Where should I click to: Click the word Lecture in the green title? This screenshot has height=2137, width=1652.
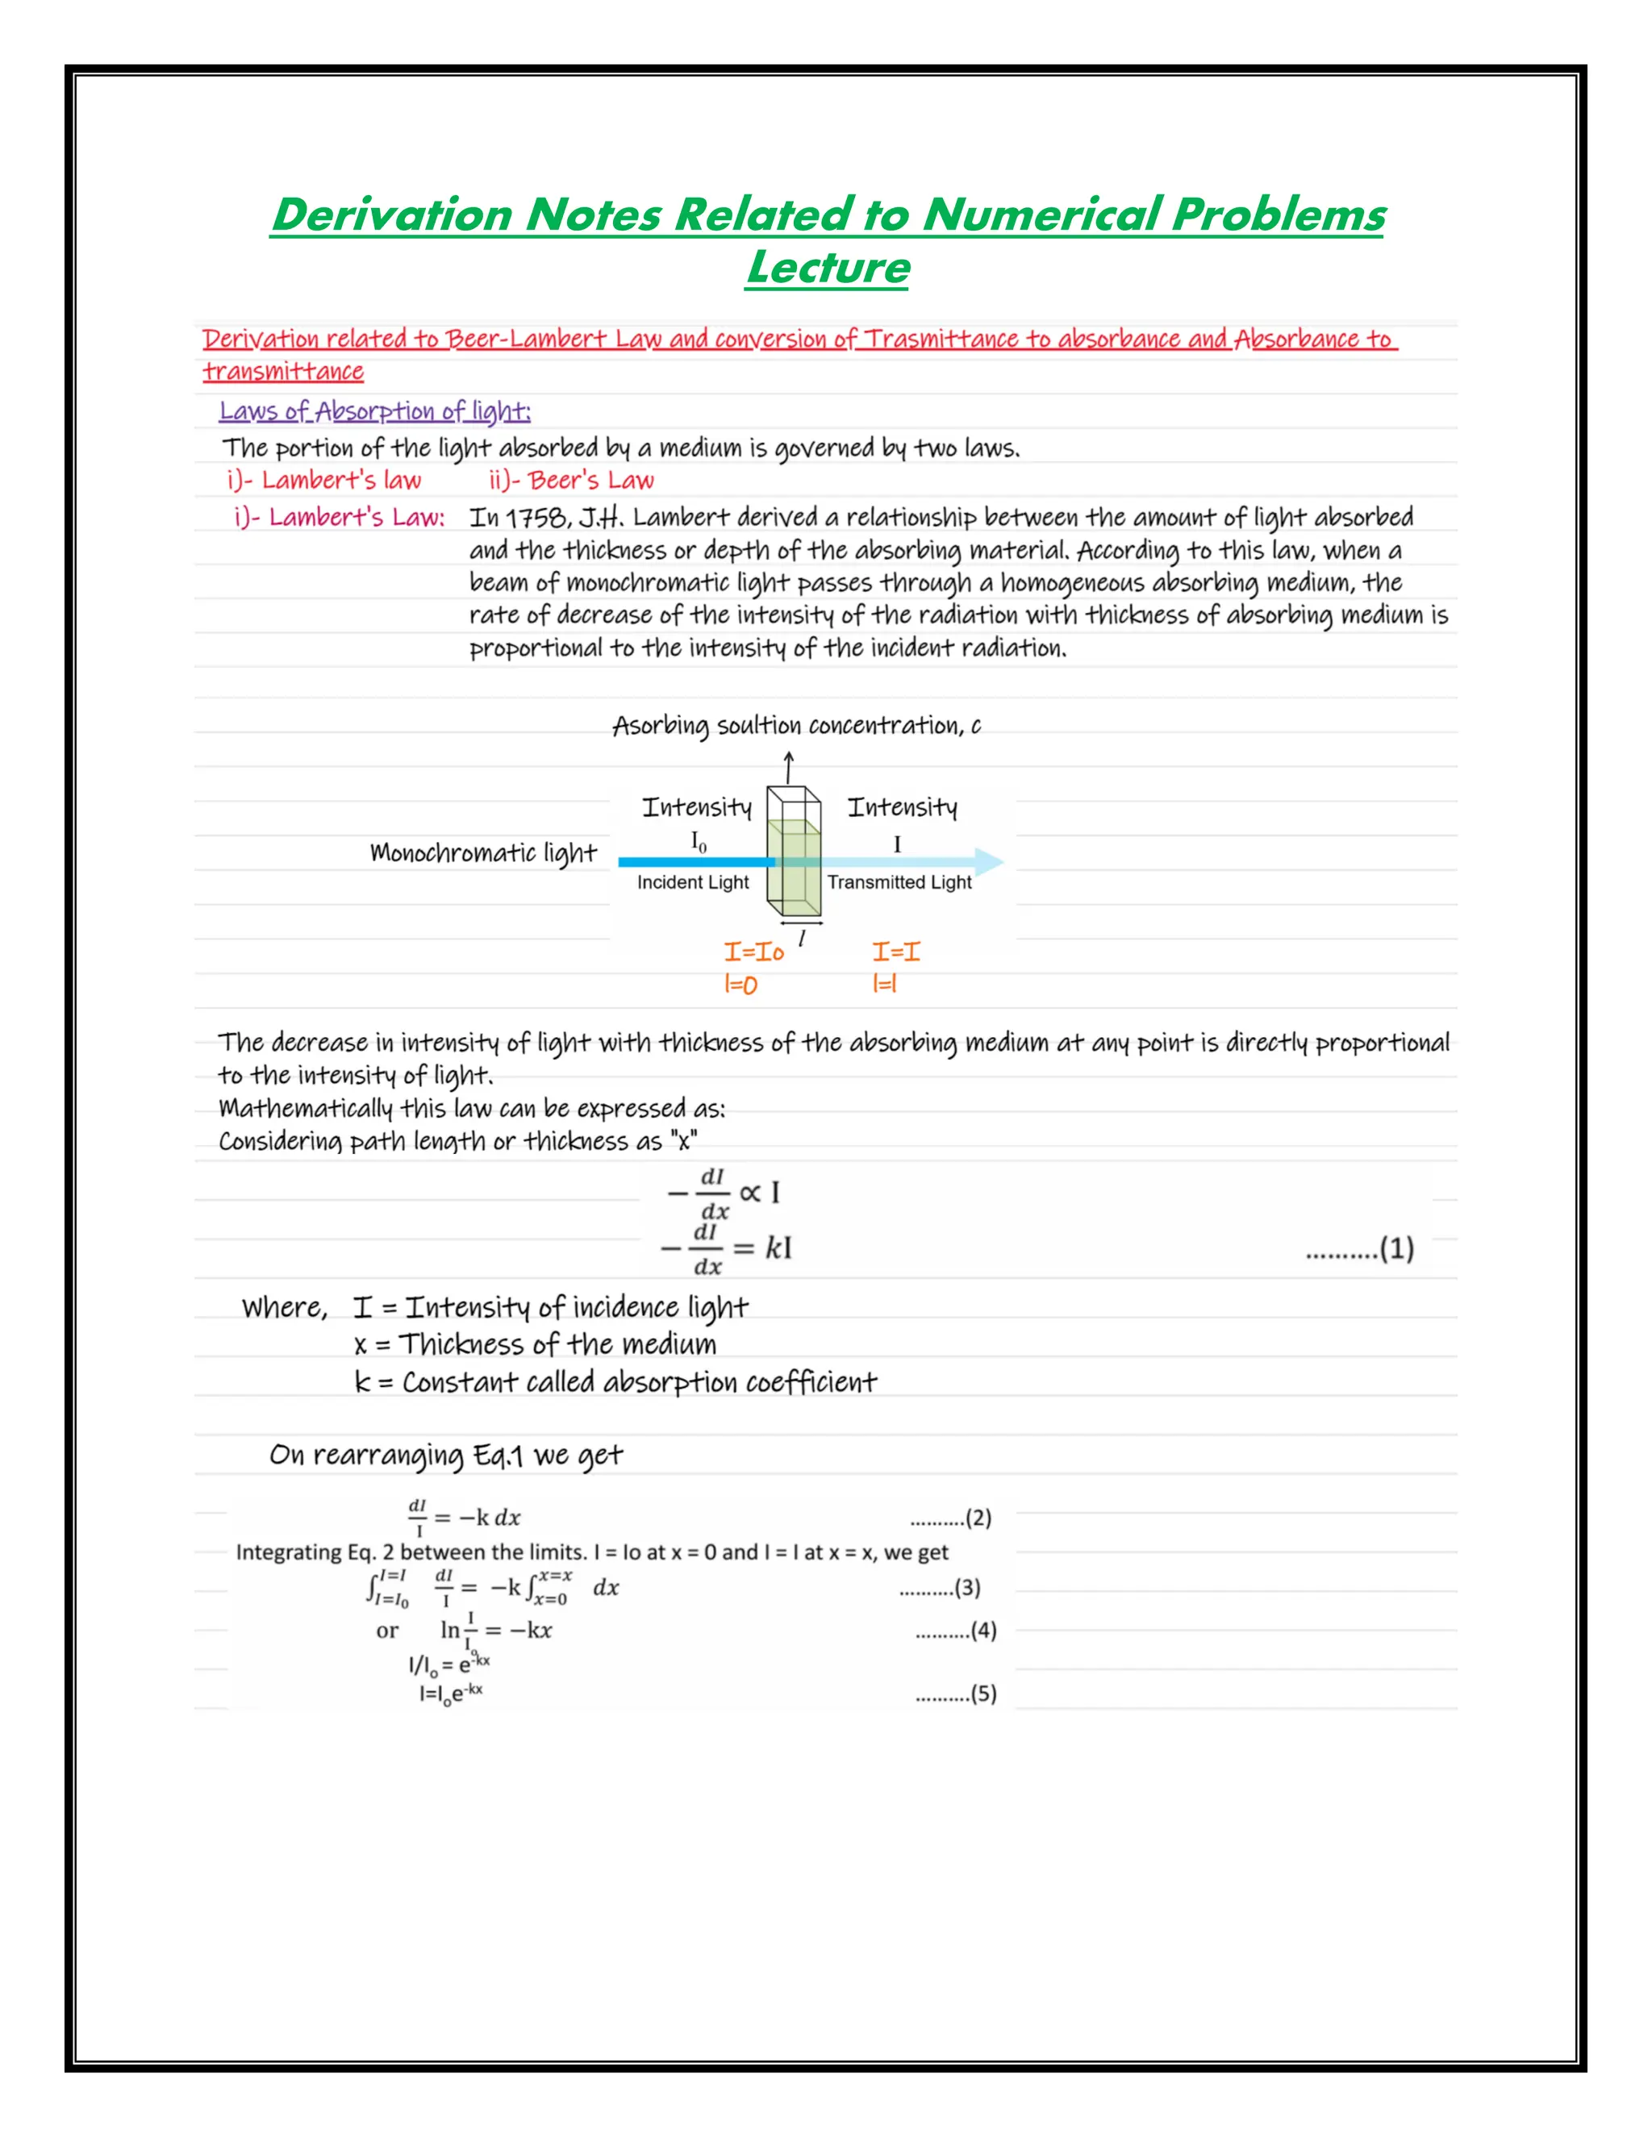827,267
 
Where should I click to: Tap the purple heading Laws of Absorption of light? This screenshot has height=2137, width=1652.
375,411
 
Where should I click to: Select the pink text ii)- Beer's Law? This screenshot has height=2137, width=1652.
572,481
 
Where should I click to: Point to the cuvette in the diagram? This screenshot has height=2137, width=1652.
794,852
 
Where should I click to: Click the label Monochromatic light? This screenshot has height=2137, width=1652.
483,853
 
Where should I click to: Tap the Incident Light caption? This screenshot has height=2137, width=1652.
693,882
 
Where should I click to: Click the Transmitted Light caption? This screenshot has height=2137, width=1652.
899,882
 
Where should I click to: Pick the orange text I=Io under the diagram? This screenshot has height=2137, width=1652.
753,952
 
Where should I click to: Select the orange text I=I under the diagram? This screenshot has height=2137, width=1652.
895,952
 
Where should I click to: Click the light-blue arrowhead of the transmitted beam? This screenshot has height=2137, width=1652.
991,862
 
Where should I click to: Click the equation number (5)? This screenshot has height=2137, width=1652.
982,1693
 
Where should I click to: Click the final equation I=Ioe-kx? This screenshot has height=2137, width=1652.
451,1693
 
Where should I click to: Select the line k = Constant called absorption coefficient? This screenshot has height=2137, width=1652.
615,1382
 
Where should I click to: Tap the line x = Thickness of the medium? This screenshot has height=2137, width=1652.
536,1344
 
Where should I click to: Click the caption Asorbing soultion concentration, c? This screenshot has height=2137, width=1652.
797,726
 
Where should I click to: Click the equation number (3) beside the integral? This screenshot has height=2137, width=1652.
967,1587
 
